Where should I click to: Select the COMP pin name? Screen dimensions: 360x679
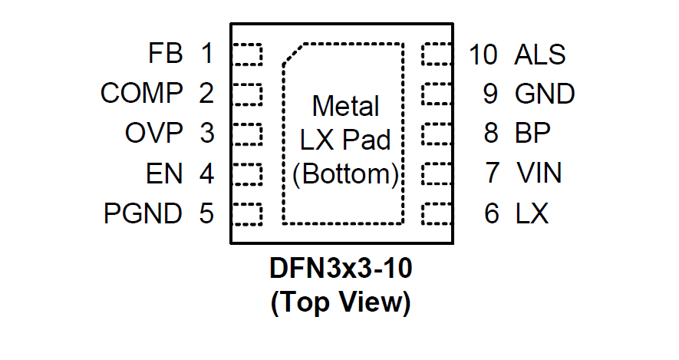point(142,94)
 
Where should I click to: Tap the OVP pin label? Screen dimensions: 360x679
point(154,134)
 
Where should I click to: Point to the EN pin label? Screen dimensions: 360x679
point(164,173)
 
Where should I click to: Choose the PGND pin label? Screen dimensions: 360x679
point(143,213)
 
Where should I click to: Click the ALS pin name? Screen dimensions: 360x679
point(540,54)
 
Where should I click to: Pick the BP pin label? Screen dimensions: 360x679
point(532,134)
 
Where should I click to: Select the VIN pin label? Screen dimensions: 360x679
point(539,173)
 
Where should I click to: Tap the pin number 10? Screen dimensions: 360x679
point(483,54)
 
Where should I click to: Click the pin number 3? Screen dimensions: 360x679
point(206,134)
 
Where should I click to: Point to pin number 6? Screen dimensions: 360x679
point(492,213)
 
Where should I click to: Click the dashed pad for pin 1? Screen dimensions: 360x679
point(247,54)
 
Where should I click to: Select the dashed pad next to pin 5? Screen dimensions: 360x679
point(247,213)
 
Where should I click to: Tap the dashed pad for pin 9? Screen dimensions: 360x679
point(437,94)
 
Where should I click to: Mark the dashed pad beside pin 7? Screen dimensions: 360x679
point(437,173)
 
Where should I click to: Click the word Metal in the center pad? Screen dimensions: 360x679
point(345,105)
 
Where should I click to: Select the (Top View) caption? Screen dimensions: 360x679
point(341,302)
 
